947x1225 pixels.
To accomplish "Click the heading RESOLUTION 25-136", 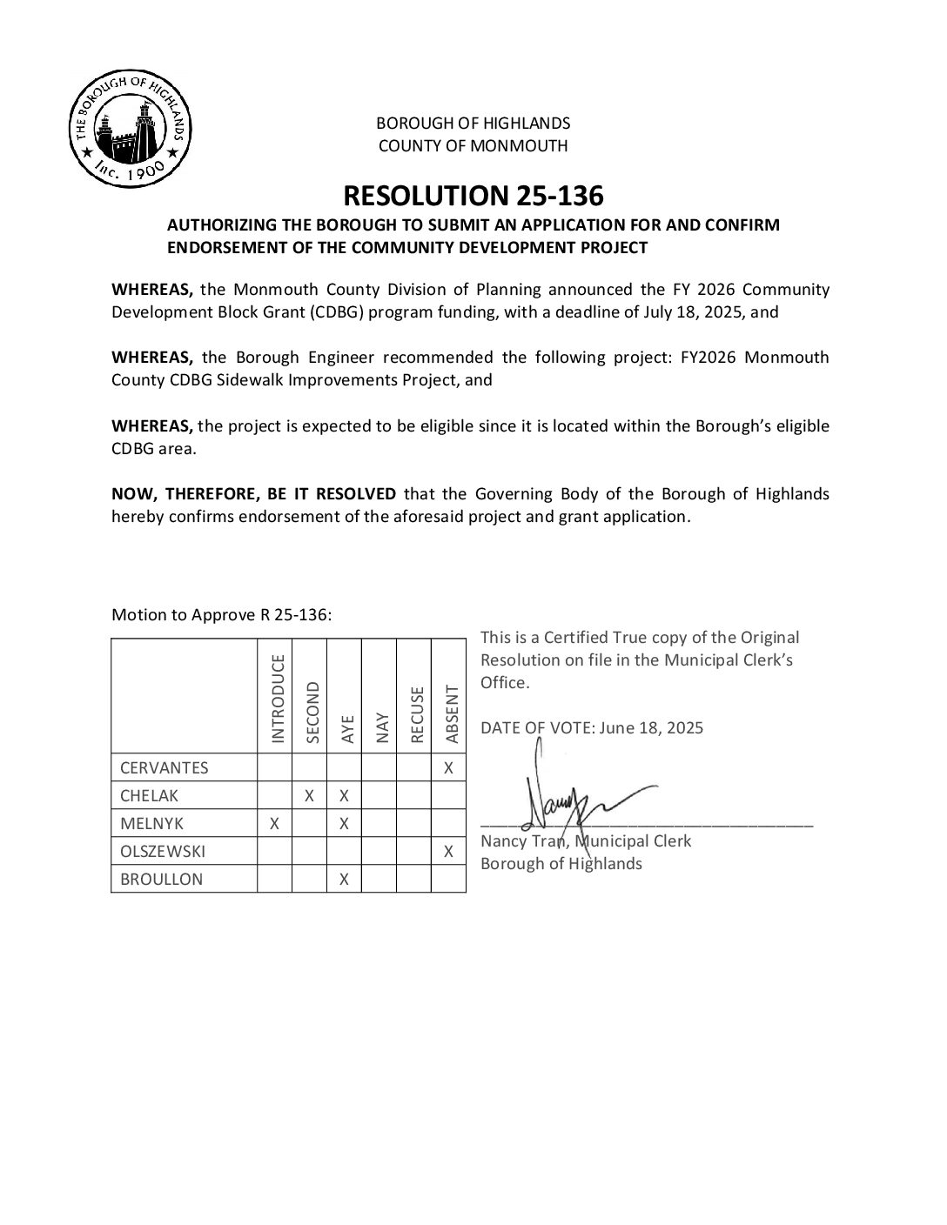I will coord(473,194).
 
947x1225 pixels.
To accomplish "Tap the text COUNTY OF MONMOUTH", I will coord(473,146).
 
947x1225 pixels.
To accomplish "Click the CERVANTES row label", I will coord(164,767).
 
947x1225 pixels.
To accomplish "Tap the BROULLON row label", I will coord(161,879).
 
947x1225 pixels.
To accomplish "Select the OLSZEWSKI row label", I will coord(163,851).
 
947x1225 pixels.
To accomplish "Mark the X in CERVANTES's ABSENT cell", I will coord(448,767).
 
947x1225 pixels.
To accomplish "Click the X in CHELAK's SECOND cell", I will coord(309,795).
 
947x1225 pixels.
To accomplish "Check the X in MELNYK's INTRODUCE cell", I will coord(274,823).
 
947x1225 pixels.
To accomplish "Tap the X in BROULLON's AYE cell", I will coord(344,879).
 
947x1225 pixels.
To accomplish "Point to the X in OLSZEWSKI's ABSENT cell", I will coord(448,851).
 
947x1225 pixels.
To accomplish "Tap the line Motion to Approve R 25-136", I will coord(221,615).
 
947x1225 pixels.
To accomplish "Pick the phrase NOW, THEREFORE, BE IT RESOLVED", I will coord(253,494).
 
